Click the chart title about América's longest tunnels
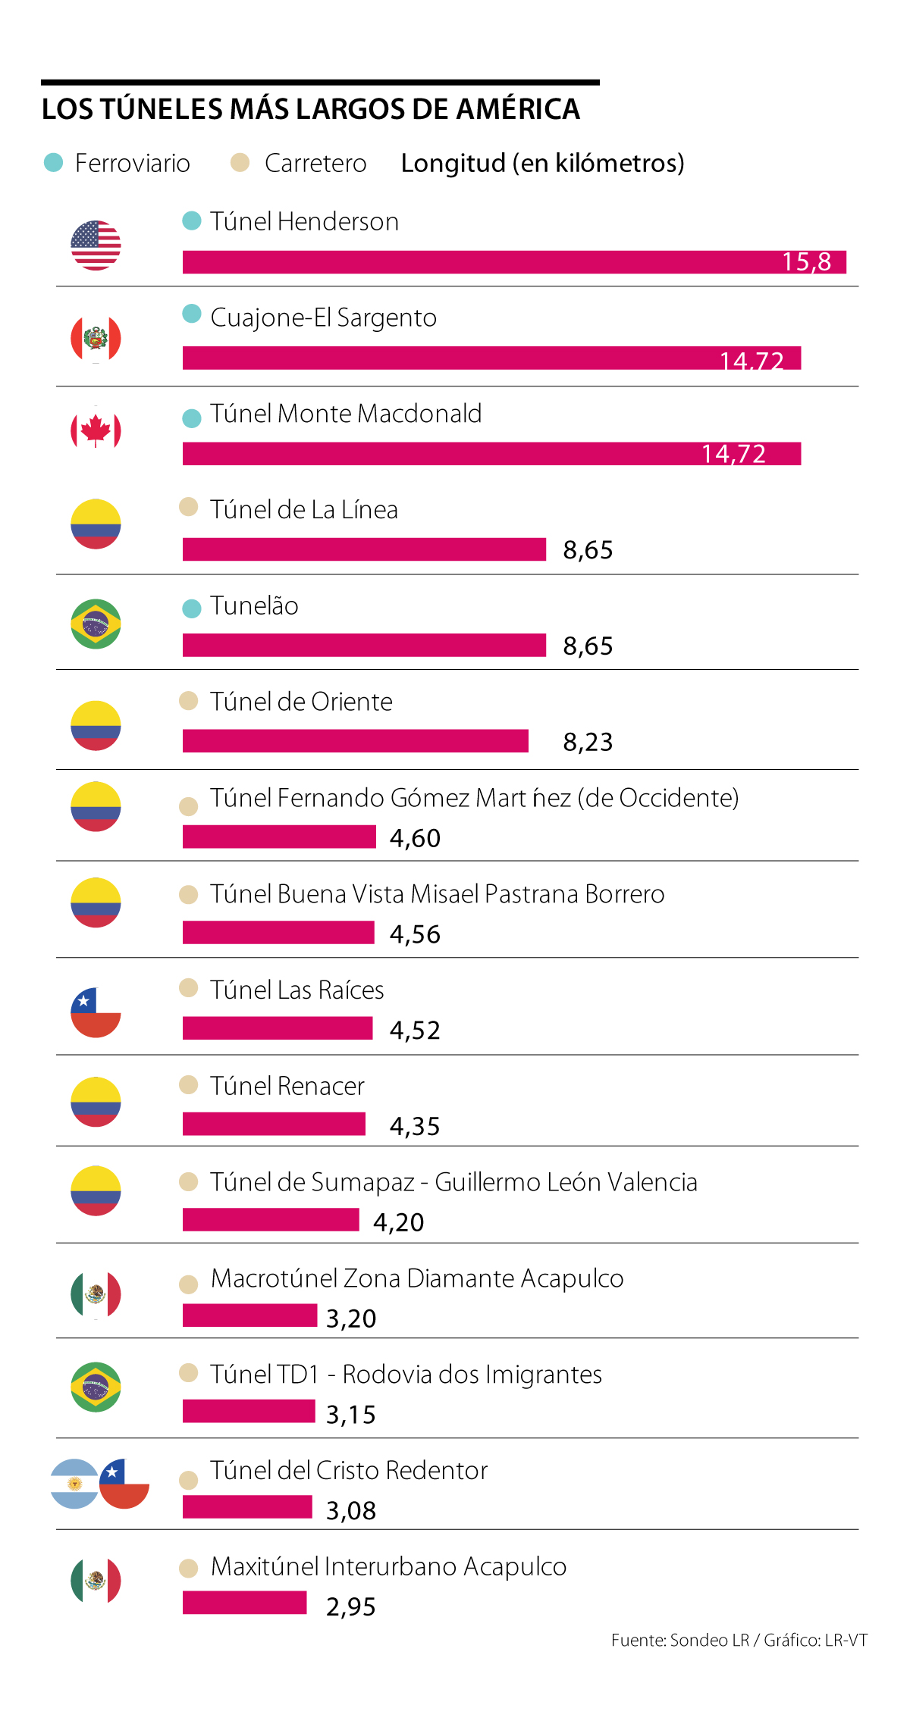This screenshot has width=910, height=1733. (310, 109)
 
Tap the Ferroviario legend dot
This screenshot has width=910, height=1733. (54, 162)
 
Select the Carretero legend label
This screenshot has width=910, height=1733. (315, 163)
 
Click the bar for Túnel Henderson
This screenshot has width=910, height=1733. (514, 262)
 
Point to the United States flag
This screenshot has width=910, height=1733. (96, 246)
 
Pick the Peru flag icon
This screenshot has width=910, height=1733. (96, 339)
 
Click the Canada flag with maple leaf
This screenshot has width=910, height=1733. (96, 430)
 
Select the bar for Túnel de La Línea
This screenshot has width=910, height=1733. (364, 549)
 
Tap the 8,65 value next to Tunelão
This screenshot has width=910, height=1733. (588, 646)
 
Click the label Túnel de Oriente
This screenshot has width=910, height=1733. (301, 702)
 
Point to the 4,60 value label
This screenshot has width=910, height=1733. (415, 838)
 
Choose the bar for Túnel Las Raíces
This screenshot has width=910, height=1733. (278, 1028)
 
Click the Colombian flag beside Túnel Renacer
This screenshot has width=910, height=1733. (96, 1102)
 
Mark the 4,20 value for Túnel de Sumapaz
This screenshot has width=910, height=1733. (398, 1222)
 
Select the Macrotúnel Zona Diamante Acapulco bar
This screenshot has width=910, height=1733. (249, 1315)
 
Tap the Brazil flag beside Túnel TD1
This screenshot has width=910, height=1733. (96, 1387)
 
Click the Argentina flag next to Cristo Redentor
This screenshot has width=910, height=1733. (74, 1484)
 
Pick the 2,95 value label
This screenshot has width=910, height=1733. (351, 1606)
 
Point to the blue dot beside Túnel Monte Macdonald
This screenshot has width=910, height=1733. (192, 418)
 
